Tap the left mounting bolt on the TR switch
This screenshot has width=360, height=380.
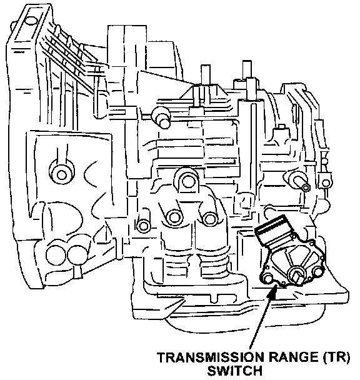[x=267, y=278]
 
